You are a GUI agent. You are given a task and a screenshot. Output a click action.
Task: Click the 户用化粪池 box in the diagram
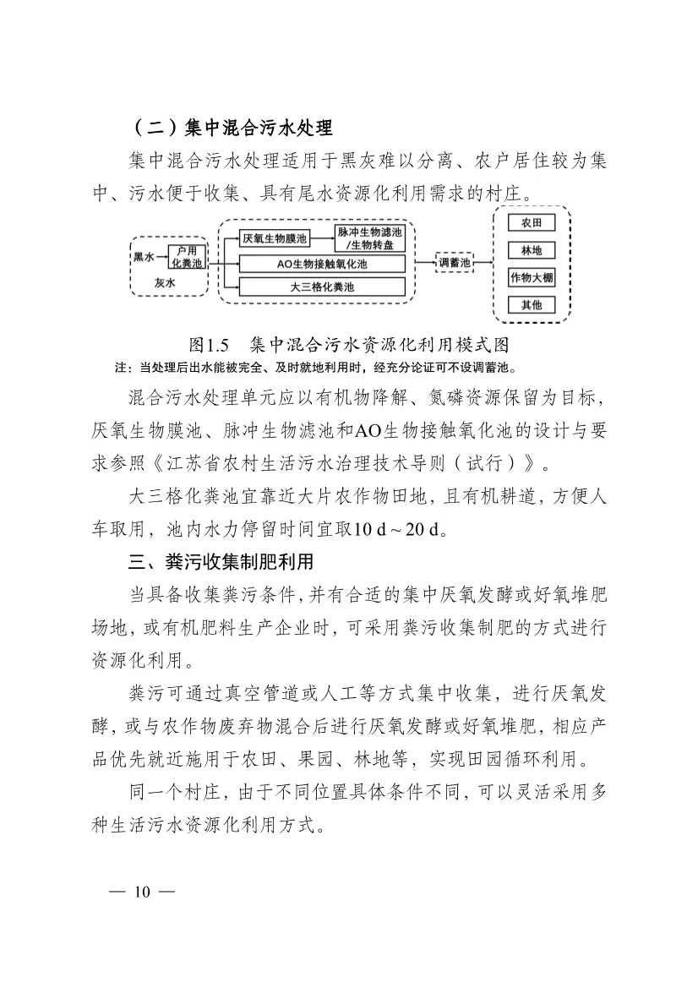pos(187,257)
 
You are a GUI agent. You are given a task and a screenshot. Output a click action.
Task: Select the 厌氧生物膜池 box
pos(275,238)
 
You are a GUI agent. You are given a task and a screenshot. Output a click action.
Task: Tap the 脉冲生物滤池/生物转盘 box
pos(370,238)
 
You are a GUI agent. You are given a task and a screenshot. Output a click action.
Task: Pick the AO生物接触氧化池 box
pos(323,265)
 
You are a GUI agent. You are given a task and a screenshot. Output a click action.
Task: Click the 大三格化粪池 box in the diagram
pos(323,287)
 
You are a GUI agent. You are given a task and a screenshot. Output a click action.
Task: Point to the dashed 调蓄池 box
pos(454,263)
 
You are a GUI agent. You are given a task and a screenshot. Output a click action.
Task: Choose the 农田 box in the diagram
pos(531,224)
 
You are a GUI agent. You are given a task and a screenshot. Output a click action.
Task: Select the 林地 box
pos(531,251)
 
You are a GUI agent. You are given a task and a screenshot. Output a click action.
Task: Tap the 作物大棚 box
pos(531,278)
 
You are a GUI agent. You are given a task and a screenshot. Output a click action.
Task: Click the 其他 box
pos(531,305)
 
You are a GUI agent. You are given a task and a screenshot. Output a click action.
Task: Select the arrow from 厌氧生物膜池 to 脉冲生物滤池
pos(324,238)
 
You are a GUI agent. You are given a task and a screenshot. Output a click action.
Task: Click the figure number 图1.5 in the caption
pos(210,346)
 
